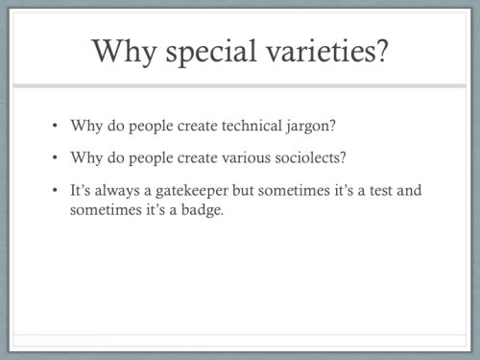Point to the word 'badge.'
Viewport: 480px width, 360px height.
coord(201,209)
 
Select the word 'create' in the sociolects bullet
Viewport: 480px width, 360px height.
coord(173,157)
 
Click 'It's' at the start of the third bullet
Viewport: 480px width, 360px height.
coord(82,190)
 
